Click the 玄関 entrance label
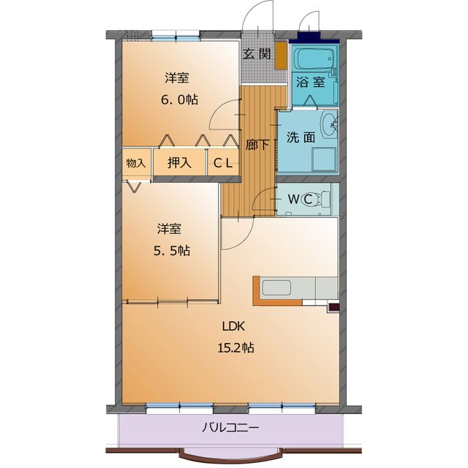tap(257, 54)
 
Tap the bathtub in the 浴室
tap(314, 58)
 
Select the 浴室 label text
tap(310, 82)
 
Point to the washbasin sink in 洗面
tap(330, 125)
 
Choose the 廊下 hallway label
tap(257, 145)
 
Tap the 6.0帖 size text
tap(179, 99)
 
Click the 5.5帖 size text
tap(172, 251)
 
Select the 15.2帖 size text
tap(235, 348)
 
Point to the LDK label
tap(233, 326)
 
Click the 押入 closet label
tap(179, 162)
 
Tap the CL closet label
tap(223, 163)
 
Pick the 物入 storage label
tap(136, 163)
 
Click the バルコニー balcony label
tap(230, 428)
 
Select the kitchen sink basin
tap(276, 288)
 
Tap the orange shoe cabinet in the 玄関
tap(281, 56)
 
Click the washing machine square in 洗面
tap(324, 159)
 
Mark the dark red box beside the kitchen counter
tap(333, 307)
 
